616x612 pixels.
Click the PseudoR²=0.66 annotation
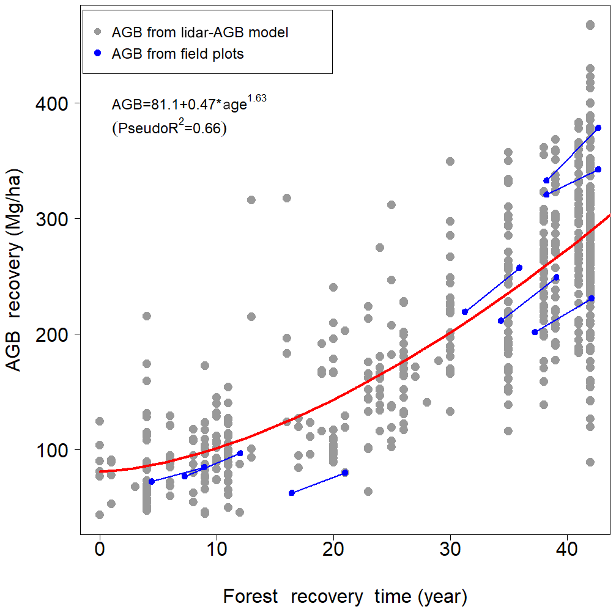click(169, 128)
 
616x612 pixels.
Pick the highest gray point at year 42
click(590, 25)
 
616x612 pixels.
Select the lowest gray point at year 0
click(99, 515)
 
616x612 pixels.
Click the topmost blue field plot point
click(598, 128)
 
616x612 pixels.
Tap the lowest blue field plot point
click(292, 493)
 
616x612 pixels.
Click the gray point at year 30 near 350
click(450, 161)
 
